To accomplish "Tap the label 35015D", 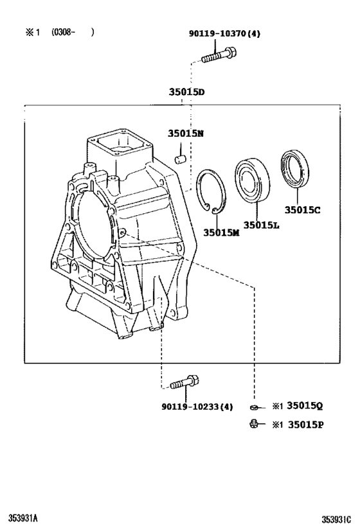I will coord(186,92).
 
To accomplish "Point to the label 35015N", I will coord(186,134).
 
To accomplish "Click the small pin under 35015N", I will coord(182,157).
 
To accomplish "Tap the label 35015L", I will coord(262,225).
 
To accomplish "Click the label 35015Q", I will coord(304,406).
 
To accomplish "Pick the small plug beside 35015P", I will coord(255,423).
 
